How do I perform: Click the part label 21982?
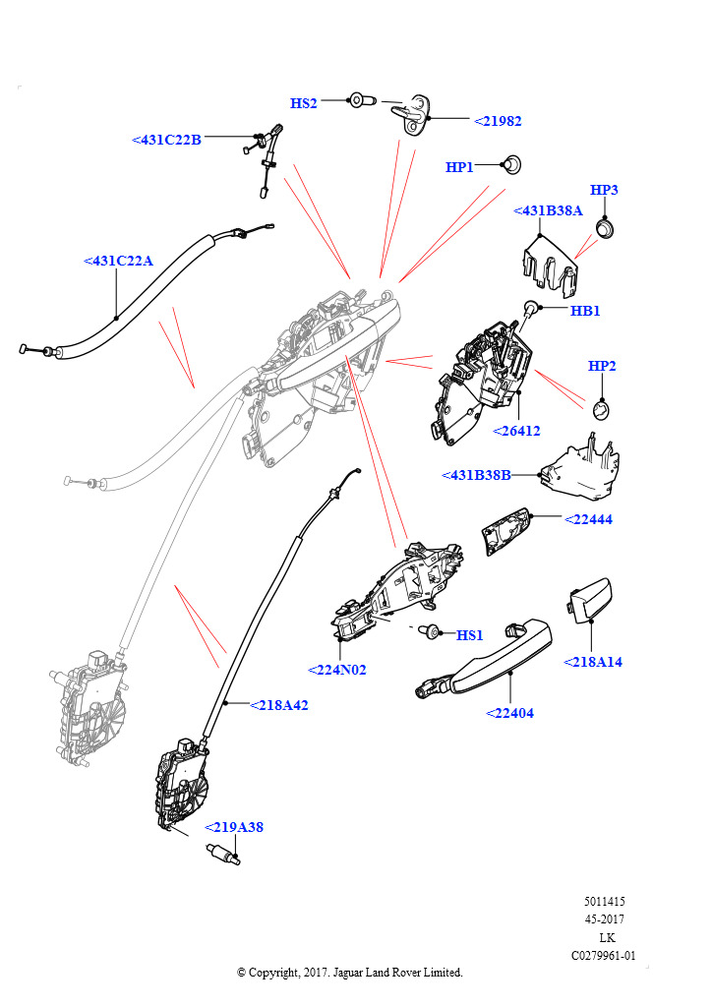pyautogui.click(x=498, y=121)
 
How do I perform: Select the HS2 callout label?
pyautogui.click(x=304, y=103)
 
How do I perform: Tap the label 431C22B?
pyautogui.click(x=166, y=141)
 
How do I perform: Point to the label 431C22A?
pyautogui.click(x=119, y=262)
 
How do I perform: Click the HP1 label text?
pyautogui.click(x=459, y=168)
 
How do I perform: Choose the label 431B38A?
pyautogui.click(x=548, y=210)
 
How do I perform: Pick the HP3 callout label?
pyautogui.click(x=604, y=190)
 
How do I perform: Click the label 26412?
pyautogui.click(x=516, y=431)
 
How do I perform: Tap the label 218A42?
pyautogui.click(x=279, y=705)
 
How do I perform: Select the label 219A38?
pyautogui.click(x=233, y=827)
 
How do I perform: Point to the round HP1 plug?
pyautogui.click(x=512, y=163)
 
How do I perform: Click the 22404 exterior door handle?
pyautogui.click(x=482, y=658)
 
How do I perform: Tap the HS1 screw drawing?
pyautogui.click(x=430, y=630)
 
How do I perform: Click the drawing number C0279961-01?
pyautogui.click(x=604, y=955)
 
